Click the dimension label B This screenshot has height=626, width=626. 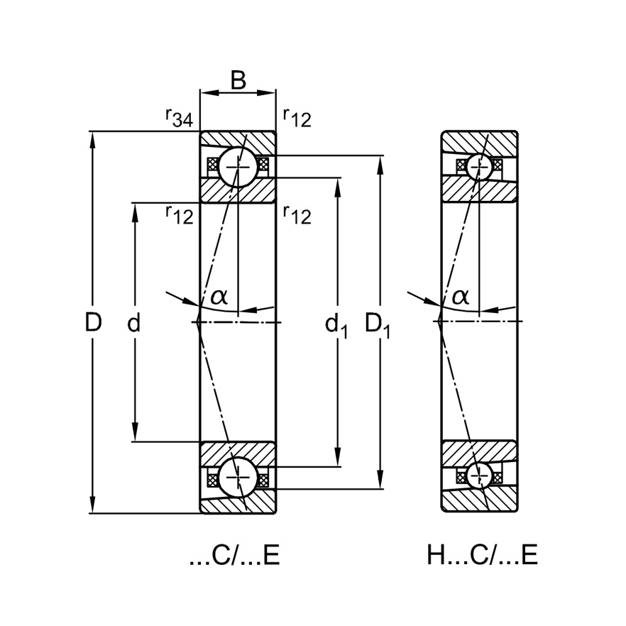238,80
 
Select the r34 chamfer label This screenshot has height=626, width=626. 178,116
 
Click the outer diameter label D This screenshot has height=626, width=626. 94,323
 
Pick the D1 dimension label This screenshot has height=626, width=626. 378,325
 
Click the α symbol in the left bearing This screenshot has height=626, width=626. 219,296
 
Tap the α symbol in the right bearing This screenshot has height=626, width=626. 461,296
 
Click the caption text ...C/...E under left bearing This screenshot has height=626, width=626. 234,555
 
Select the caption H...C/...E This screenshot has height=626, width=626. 482,555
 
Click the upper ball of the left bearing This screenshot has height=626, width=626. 238,167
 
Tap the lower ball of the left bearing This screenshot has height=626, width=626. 238,478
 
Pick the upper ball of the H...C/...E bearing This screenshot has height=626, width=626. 480,166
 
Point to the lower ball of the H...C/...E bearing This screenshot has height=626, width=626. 480,477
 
